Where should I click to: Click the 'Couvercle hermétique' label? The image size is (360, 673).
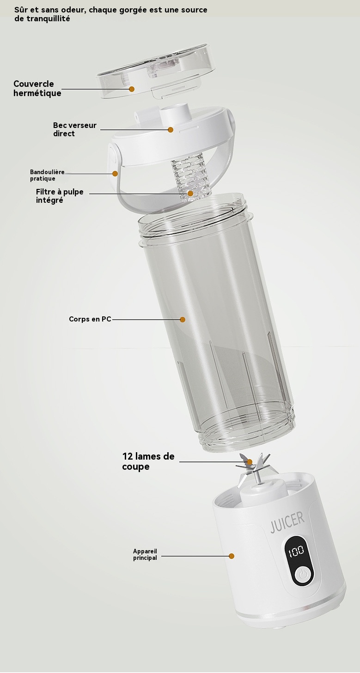pos(37,88)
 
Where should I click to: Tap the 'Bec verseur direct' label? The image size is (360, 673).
pos(74,129)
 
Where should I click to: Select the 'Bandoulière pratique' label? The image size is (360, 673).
pos(47,175)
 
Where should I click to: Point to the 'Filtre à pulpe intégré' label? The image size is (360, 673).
pos(60,196)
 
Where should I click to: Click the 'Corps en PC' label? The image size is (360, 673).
pos(90,319)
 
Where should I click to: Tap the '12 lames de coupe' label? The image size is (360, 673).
pos(148,461)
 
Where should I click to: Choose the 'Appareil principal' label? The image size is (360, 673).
pos(145,554)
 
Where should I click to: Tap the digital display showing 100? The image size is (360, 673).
pos(296,551)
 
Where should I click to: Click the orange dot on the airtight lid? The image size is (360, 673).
pos(132,89)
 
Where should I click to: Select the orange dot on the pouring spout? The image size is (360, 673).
pos(171,130)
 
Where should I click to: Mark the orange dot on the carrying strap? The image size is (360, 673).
pos(115,174)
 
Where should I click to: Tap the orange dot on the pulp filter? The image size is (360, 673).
pos(190,194)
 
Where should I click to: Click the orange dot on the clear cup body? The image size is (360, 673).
pos(183,320)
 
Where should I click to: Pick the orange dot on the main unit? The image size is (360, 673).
pos(232,556)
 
